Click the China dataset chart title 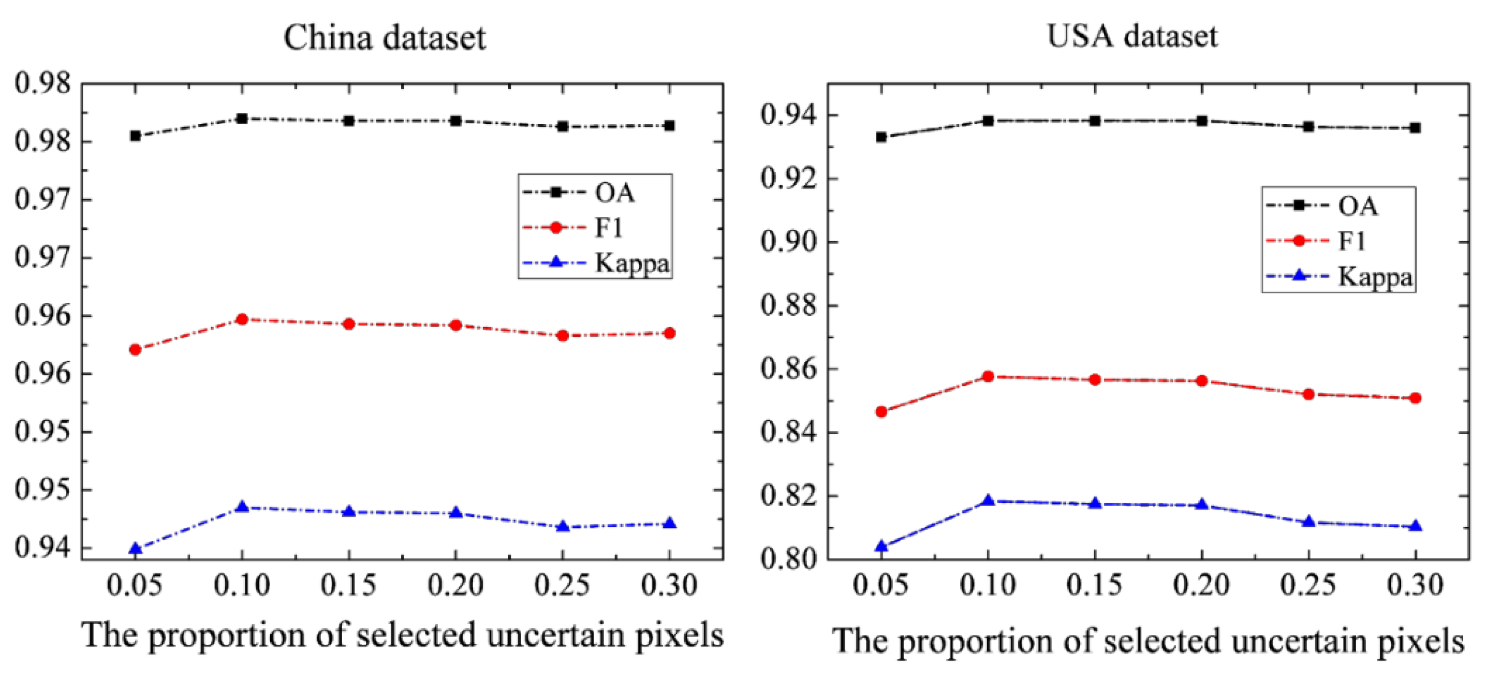[x=385, y=38]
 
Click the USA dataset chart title [x=1131, y=36]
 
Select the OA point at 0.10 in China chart [x=242, y=119]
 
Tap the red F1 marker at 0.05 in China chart [x=135, y=350]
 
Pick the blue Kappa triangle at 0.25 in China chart [x=562, y=527]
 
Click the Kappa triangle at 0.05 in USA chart [x=881, y=546]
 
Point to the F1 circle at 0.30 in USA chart [x=1415, y=398]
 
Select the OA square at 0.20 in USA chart [x=1201, y=121]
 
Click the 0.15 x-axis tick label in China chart [x=348, y=585]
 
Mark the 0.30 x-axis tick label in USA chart [x=1415, y=585]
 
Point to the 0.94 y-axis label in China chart [x=42, y=548]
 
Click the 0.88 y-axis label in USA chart [x=788, y=306]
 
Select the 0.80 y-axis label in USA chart [x=788, y=559]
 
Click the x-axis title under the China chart [x=402, y=635]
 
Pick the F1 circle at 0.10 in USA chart [x=988, y=377]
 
